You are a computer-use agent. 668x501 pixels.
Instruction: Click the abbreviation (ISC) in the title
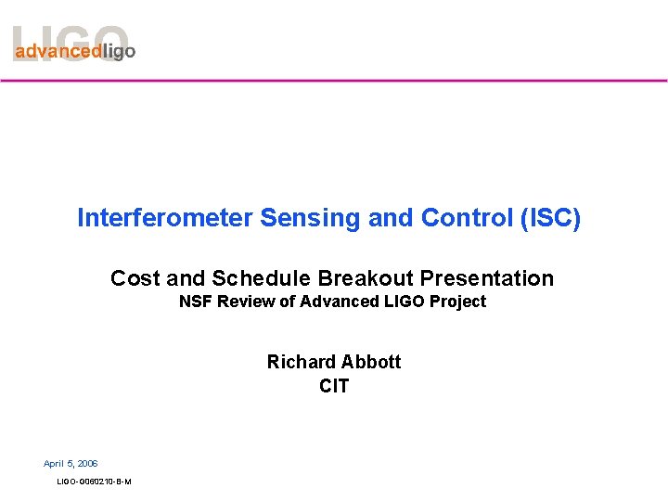548,218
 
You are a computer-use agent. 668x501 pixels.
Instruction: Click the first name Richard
298,362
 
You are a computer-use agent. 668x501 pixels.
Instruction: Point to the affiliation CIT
334,386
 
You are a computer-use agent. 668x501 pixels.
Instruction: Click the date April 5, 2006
71,463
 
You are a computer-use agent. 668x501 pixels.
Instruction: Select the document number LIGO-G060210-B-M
94,482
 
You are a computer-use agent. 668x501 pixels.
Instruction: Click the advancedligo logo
74,46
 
